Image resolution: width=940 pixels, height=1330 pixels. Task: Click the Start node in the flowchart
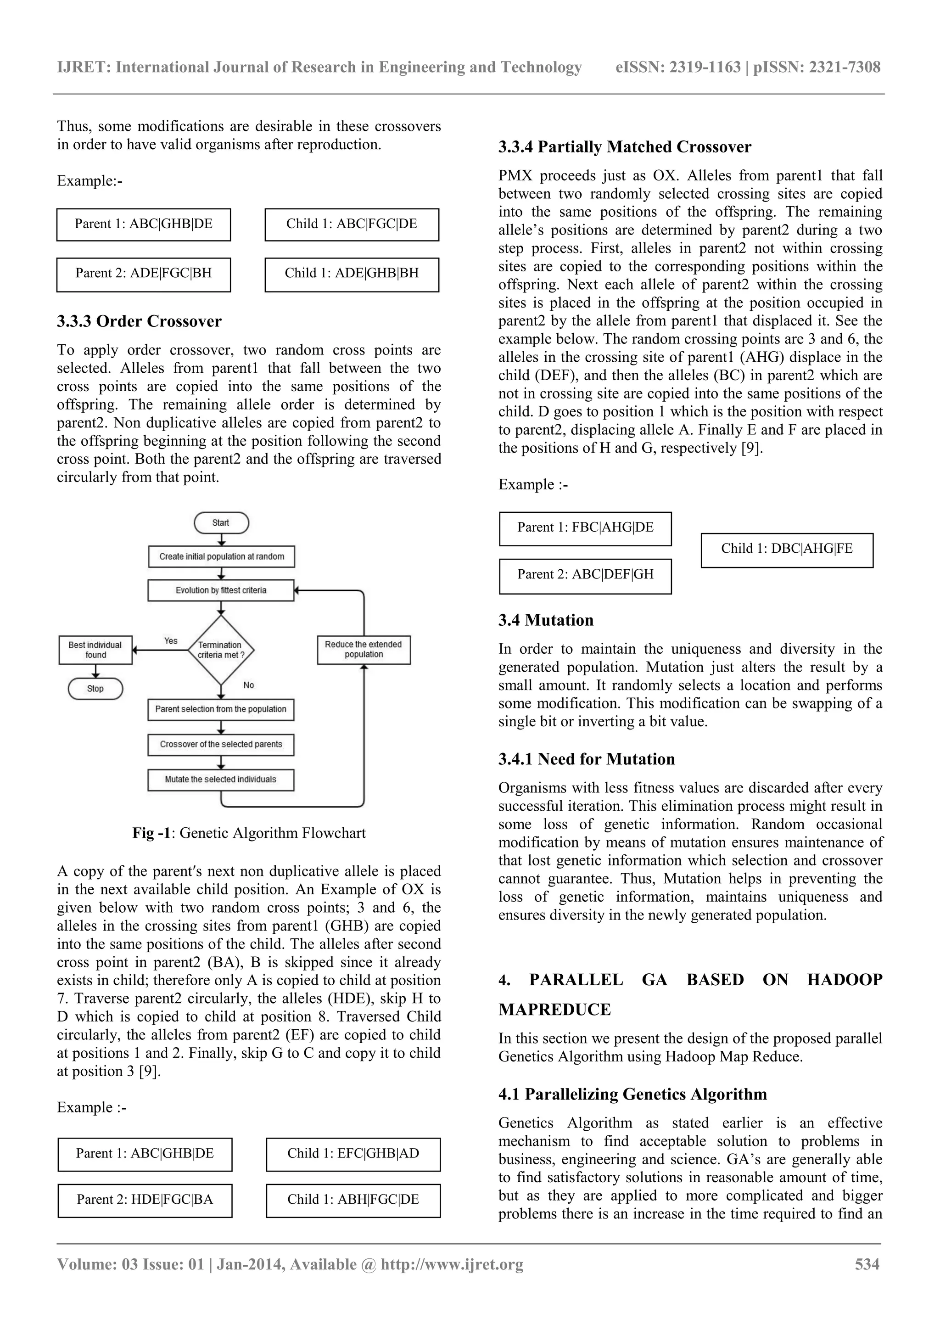pos(221,522)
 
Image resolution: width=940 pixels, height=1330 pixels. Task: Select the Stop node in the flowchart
pos(95,689)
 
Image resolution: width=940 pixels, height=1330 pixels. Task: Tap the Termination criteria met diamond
pos(221,650)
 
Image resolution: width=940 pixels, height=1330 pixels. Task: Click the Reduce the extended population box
pos(364,649)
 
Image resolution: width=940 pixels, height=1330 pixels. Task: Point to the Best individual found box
pos(95,650)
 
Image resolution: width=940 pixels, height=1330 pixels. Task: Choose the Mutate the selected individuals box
pos(221,780)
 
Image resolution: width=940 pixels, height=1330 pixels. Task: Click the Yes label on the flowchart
pos(171,641)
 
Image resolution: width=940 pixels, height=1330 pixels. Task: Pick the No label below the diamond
pos(248,685)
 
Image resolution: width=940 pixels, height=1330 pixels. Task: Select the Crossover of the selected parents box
pos(221,744)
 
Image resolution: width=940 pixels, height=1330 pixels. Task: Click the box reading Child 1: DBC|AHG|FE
pos(787,549)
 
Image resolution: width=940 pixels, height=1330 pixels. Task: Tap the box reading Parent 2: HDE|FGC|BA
pos(145,1199)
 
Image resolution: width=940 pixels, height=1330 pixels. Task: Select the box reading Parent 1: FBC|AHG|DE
pos(585,528)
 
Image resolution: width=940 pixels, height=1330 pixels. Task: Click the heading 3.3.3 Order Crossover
pos(139,321)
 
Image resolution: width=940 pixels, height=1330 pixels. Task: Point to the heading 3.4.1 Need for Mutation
pos(586,759)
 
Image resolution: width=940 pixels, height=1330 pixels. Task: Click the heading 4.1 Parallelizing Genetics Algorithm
pos(632,1094)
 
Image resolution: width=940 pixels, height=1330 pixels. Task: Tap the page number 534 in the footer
pos(867,1264)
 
